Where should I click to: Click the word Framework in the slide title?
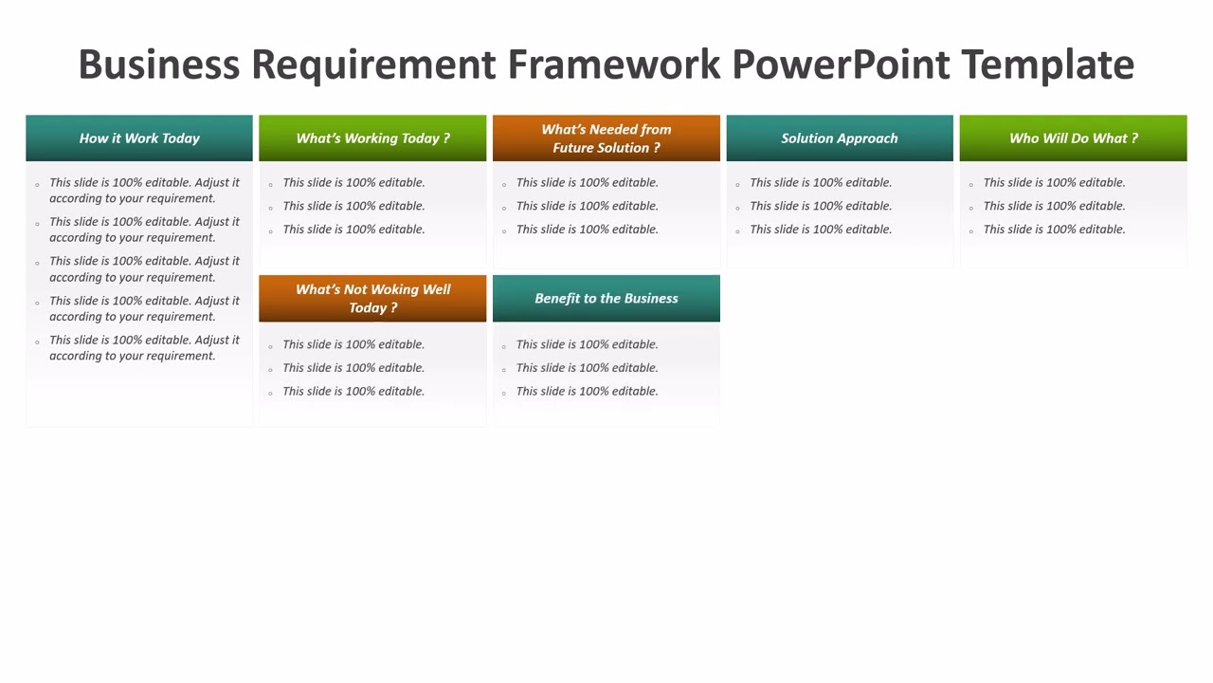tap(613, 65)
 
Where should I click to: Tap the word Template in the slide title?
tap(1047, 65)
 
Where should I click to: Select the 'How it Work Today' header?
tap(139, 138)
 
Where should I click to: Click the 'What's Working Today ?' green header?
tap(372, 138)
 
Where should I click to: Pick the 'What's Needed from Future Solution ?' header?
tap(606, 138)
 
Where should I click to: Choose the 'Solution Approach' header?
tap(840, 138)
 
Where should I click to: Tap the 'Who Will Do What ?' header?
tap(1073, 138)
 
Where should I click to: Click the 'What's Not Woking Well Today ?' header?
tap(372, 299)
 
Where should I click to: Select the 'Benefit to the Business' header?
tap(606, 299)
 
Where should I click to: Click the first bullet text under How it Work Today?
tap(144, 190)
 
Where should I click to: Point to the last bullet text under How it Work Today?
tap(144, 348)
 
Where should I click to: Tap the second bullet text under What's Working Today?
tap(353, 206)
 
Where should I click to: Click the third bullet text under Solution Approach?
tap(821, 230)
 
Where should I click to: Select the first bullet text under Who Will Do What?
tap(1054, 182)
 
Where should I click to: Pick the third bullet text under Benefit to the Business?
tap(587, 391)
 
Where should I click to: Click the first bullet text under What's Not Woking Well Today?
tap(353, 344)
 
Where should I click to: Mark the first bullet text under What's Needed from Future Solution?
tap(587, 182)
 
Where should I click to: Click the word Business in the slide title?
tap(158, 65)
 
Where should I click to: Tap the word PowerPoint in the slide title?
tap(841, 65)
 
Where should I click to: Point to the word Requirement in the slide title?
tap(373, 65)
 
